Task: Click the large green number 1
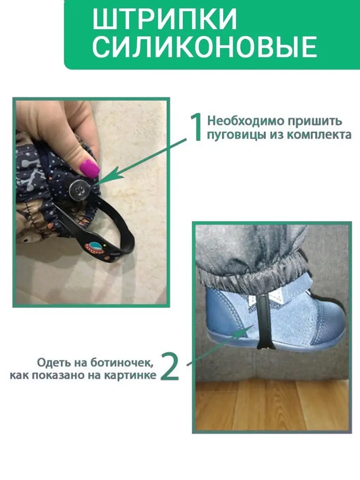197,127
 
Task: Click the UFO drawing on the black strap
95,246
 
